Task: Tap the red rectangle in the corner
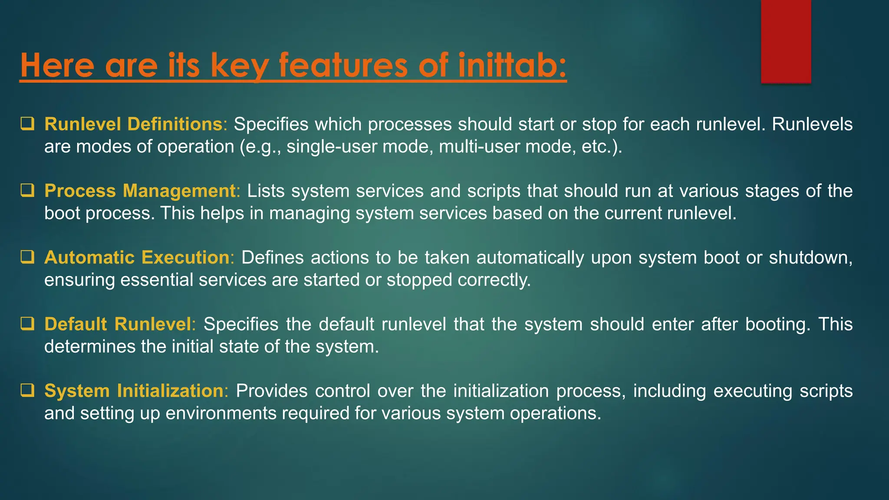click(786, 41)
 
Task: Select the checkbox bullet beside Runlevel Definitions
click(27, 124)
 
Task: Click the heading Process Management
click(140, 191)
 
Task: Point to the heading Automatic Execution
click(137, 257)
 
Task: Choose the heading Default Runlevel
click(118, 324)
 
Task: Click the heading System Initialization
click(134, 391)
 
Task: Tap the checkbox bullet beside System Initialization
click(27, 391)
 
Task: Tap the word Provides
click(272, 391)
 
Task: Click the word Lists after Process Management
click(265, 191)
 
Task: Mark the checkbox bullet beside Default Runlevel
click(27, 324)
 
